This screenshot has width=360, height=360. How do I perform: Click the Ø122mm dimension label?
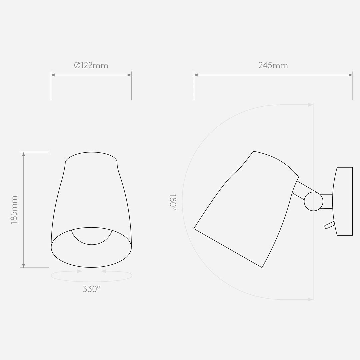coord(91,65)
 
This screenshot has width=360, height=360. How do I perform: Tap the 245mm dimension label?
coord(273,65)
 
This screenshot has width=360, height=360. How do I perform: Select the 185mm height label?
coord(14,210)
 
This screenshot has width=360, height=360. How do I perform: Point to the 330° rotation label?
coord(91,289)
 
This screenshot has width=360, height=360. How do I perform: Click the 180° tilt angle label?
coord(173,202)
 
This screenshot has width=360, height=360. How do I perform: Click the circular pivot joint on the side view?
coord(313,202)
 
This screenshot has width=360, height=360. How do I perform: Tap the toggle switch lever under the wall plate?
coord(329,225)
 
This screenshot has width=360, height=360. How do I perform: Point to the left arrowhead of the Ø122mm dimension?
coord(53,75)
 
